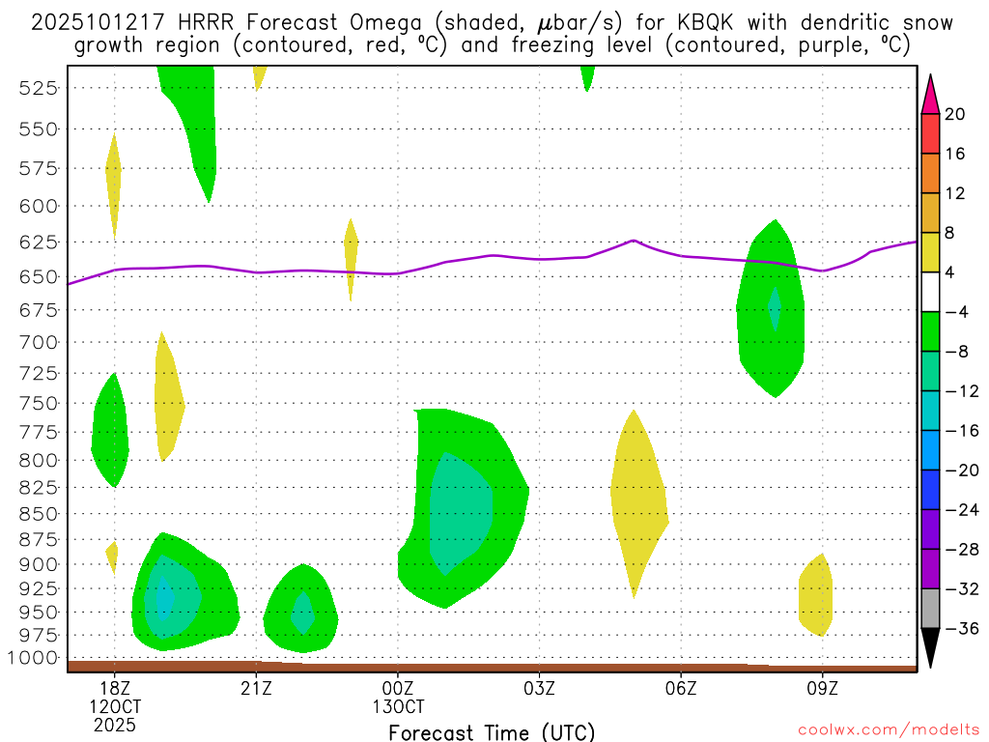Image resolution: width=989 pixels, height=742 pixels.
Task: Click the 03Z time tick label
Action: [539, 689]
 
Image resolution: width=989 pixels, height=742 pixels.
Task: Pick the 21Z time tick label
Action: [256, 689]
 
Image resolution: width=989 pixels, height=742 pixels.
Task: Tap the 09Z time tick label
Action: [822, 689]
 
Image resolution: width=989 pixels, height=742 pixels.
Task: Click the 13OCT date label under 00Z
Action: [398, 706]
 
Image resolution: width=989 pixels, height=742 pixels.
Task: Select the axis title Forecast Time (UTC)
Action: [492, 731]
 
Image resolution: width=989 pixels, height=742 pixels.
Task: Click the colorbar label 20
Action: [955, 114]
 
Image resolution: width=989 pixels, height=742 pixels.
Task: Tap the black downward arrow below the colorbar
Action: [930, 646]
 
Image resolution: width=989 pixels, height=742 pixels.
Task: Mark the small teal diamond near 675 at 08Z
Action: [774, 309]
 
